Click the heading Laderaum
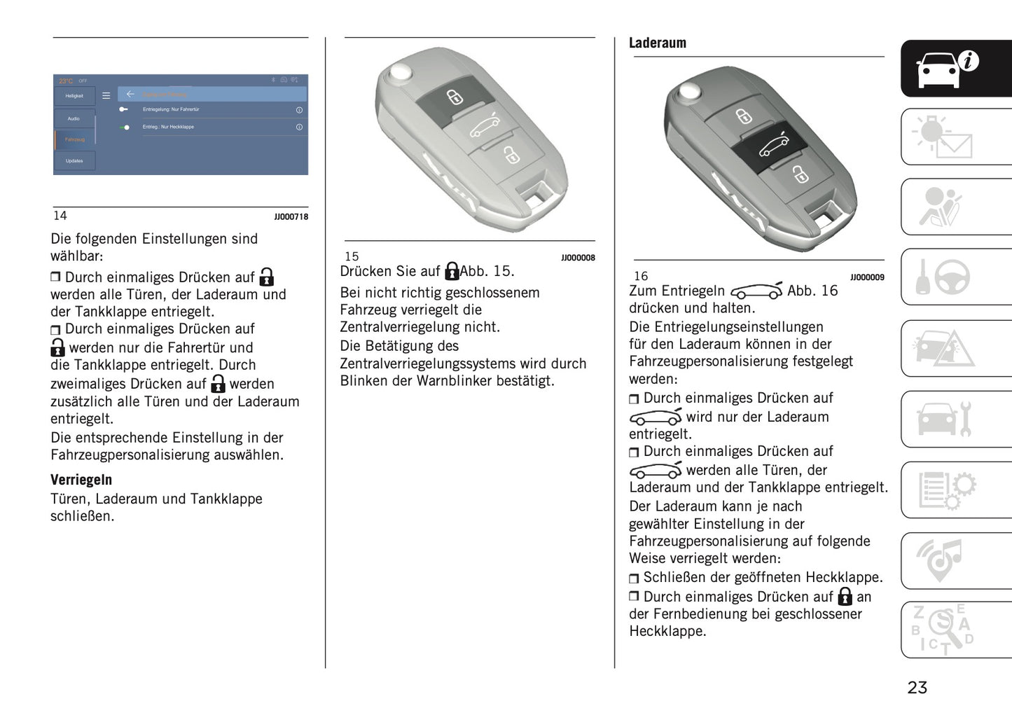[657, 43]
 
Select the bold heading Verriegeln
[81, 480]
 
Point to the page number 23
[917, 688]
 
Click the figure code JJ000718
[291, 217]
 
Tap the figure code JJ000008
[578, 258]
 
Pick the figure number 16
[641, 277]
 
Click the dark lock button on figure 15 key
[454, 97]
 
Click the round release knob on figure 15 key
[401, 72]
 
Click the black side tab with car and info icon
[955, 69]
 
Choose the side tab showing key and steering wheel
[955, 277]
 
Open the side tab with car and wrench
[955, 419]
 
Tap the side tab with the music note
[955, 560]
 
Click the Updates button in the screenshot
[74, 161]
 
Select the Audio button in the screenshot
[74, 119]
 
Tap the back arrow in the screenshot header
[130, 95]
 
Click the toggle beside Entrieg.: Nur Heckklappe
[125, 127]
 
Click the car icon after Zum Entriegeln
[756, 291]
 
